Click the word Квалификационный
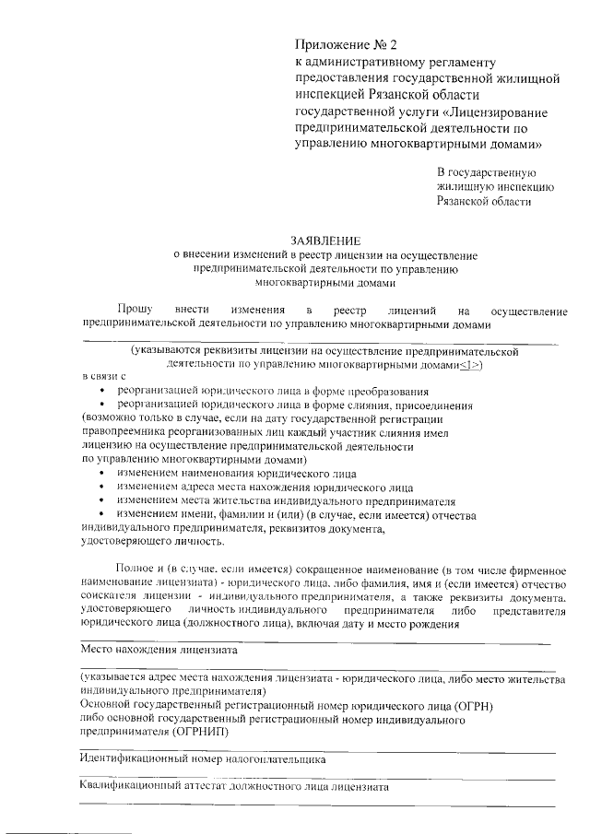click(132, 788)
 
